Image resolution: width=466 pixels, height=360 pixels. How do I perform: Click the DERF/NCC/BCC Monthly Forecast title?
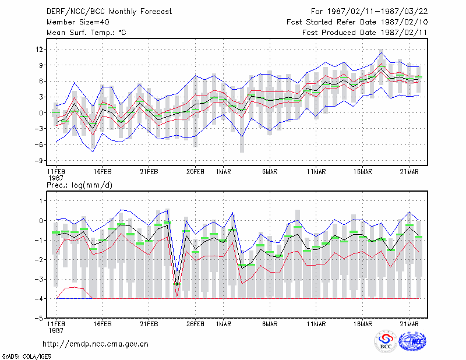pos(109,12)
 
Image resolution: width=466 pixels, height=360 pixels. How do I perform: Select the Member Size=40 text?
pos(78,22)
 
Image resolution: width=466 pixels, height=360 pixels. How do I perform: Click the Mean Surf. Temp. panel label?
pos(86,33)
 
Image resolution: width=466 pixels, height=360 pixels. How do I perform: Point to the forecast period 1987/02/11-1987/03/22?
pos(369,11)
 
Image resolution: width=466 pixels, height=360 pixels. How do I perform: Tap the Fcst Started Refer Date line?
pos(357,22)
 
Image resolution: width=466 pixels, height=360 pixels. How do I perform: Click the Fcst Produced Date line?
pos(365,33)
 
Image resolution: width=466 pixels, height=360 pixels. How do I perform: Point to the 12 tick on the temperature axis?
pos(39,49)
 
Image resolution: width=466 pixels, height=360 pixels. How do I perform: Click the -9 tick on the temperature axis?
pos(39,161)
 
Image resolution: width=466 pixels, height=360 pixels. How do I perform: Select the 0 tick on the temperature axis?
pos(41,113)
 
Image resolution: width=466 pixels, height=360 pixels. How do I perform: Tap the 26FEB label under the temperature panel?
pos(195,172)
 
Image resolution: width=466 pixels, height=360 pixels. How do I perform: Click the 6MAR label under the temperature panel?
pos(270,172)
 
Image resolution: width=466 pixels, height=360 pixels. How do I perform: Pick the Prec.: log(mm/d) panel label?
pos(79,185)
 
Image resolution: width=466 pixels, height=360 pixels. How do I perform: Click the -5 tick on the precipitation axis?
pos(39,318)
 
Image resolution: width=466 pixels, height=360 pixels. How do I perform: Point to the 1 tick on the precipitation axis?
pos(41,201)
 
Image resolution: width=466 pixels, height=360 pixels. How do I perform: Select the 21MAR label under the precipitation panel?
pos(409,324)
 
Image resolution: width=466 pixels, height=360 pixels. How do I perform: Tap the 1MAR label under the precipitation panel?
pos(224,324)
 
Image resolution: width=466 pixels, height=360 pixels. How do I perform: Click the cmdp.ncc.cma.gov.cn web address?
pos(96,344)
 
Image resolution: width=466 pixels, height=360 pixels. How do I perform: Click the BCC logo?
pos(386,341)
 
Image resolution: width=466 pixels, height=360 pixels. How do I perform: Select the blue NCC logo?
pos(412,341)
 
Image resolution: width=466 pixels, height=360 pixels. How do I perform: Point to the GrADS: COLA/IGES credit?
pos(26,357)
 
